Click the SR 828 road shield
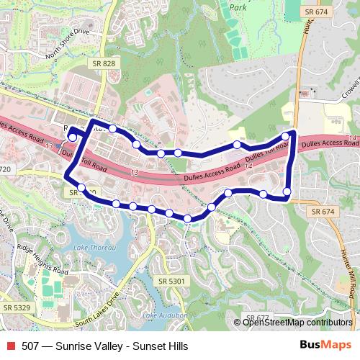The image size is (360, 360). pyautogui.click(x=103, y=64)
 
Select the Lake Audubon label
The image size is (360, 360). pyautogui.click(x=165, y=315)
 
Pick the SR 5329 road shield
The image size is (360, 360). pyautogui.click(x=16, y=307)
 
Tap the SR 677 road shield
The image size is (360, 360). pyautogui.click(x=257, y=318)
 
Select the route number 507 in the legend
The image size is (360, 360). pyautogui.click(x=31, y=346)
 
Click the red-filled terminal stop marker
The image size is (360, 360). pyautogui.click(x=72, y=137)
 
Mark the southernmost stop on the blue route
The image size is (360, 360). pyautogui.click(x=187, y=218)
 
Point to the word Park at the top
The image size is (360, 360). pyautogui.click(x=237, y=6)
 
